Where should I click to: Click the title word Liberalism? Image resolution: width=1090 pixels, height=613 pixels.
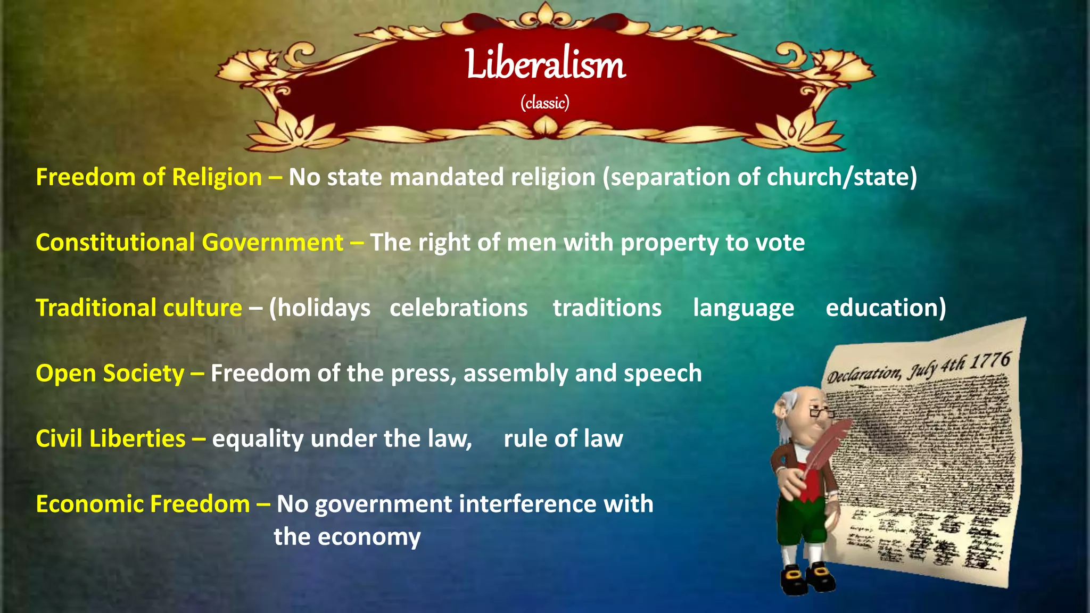point(545,64)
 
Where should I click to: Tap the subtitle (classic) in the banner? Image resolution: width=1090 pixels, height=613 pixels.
point(545,102)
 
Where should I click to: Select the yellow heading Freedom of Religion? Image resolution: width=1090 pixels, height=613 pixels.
point(148,177)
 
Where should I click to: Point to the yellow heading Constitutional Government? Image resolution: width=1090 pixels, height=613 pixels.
point(189,243)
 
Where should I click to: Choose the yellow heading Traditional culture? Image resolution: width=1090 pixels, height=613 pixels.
point(139,308)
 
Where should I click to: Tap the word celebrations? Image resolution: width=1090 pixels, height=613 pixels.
point(458,308)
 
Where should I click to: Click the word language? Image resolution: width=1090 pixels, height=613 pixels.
point(744,308)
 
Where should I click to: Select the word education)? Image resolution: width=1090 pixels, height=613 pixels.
point(886,308)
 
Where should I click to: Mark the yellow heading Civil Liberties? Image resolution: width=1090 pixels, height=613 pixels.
point(111,439)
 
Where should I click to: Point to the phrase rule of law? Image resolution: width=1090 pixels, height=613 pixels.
point(563,439)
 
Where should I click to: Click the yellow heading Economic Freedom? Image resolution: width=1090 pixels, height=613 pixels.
point(143,504)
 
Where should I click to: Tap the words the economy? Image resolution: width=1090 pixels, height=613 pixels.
point(347,537)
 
